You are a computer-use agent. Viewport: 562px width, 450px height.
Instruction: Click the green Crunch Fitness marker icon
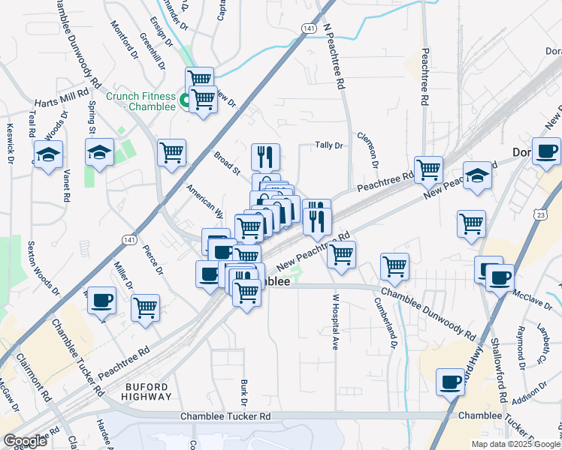coord(183,97)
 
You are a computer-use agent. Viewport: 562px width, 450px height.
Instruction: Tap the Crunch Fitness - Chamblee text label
coord(140,101)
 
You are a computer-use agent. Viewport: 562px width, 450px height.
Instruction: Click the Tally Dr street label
coord(328,145)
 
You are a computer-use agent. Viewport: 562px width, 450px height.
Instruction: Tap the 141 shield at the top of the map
coord(309,28)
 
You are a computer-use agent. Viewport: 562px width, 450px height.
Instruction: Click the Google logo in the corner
coord(25,441)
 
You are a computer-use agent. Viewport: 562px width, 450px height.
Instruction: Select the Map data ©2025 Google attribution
coord(515,444)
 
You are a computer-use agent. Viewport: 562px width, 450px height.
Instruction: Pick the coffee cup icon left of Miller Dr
coord(101,300)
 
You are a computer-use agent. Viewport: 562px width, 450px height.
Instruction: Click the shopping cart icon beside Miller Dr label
coord(145,307)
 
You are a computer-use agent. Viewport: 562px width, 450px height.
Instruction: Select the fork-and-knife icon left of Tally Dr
coord(265,156)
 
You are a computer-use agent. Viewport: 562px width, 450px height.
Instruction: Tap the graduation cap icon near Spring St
coord(98,153)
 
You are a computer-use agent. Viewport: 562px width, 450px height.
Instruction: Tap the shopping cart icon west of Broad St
coord(171,151)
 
